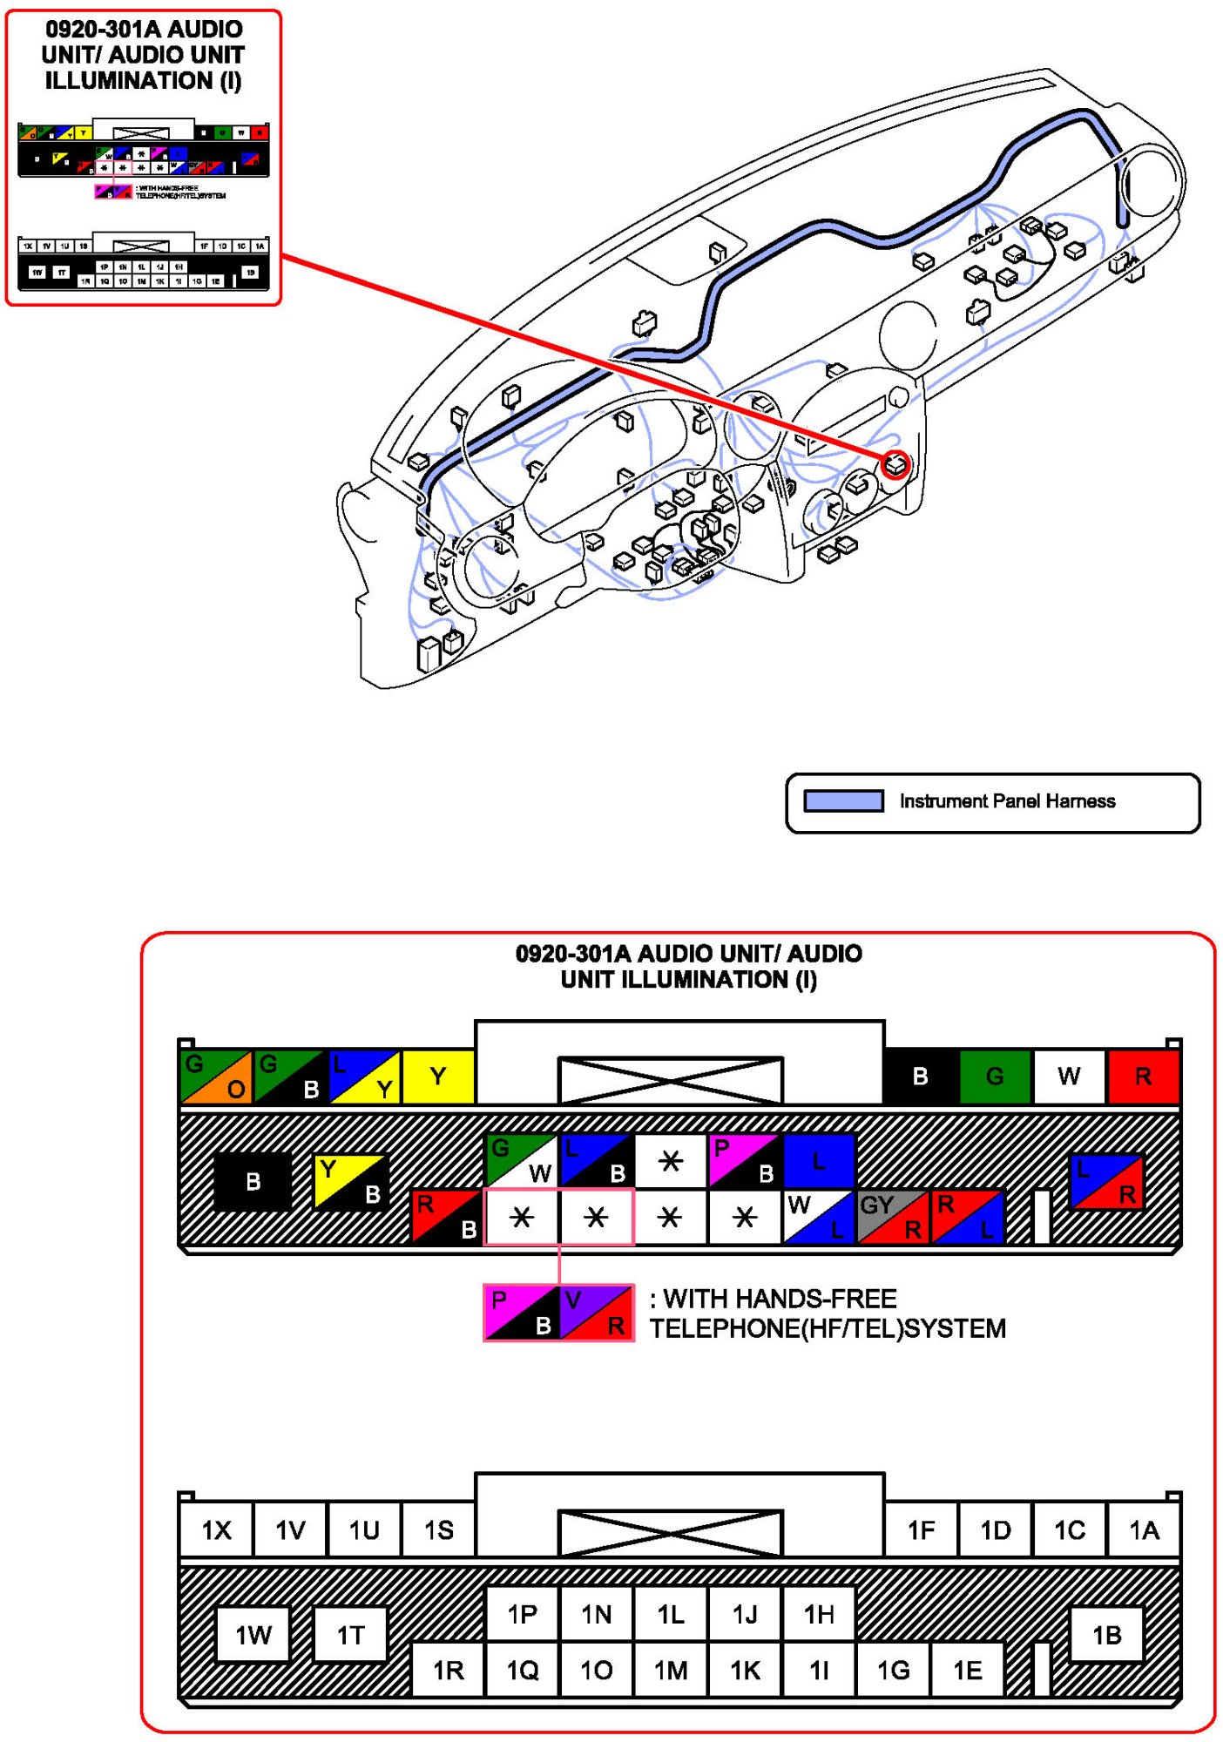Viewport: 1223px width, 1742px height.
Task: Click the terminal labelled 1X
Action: tap(216, 1530)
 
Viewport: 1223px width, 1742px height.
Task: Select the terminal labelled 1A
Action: tap(1144, 1530)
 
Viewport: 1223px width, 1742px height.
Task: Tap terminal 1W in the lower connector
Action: tap(253, 1635)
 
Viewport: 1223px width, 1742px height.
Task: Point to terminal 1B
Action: tap(1106, 1635)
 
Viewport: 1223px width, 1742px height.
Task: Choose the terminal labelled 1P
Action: tap(522, 1614)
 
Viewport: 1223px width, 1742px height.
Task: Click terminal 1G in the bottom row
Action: tap(894, 1670)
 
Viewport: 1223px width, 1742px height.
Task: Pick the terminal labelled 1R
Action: tap(448, 1670)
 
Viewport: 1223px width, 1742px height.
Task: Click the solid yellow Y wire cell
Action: tap(438, 1077)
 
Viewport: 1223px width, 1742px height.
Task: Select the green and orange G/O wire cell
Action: tap(216, 1077)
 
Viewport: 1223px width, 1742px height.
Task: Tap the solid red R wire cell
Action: tap(1143, 1077)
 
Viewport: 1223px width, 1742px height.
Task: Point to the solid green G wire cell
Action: tap(995, 1077)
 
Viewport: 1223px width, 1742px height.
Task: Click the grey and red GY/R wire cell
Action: tap(894, 1217)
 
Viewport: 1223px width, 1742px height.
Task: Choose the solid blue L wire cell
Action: tap(819, 1161)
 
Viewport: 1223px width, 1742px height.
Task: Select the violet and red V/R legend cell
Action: tap(597, 1313)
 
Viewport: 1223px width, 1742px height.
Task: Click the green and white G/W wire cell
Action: tap(522, 1161)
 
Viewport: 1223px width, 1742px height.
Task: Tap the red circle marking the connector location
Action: tap(895, 465)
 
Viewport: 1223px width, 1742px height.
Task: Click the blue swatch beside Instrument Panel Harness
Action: tap(843, 801)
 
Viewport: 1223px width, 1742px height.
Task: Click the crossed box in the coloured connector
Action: tap(670, 1081)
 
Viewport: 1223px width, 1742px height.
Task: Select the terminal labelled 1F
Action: tap(921, 1530)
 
